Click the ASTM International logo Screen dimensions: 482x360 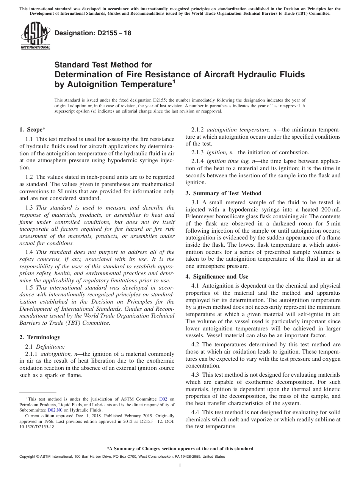click(35, 36)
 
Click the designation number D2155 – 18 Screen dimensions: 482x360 click(93, 33)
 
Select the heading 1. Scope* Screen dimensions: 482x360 click(33, 129)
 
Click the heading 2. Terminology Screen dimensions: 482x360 click(40, 337)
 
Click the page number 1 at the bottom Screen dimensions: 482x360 click(180, 466)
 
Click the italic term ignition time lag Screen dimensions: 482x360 click(226, 161)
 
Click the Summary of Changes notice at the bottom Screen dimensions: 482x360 click(180, 448)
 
